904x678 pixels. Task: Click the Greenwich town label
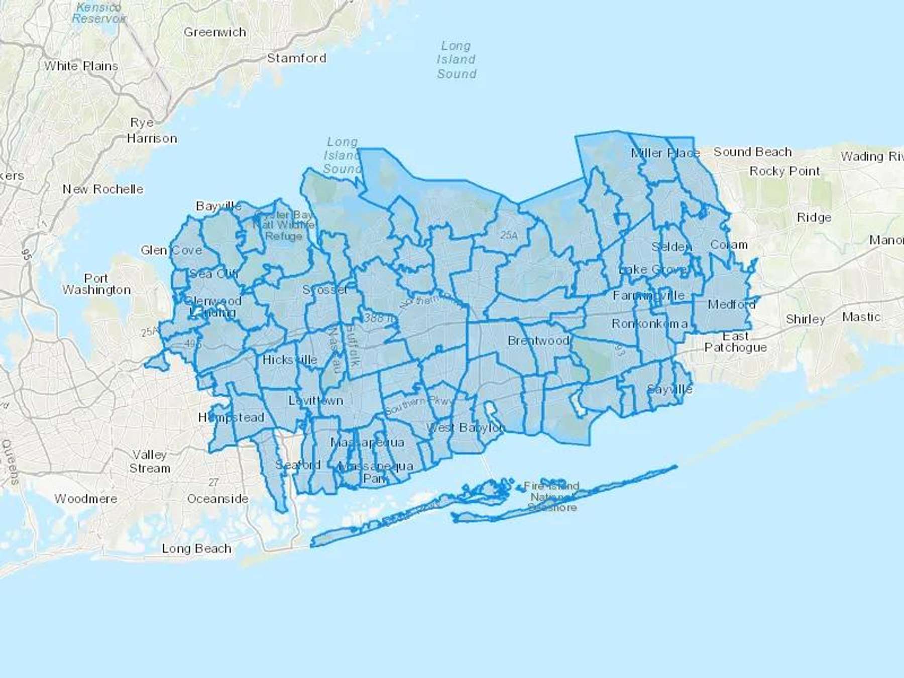point(215,32)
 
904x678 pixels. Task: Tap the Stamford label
point(296,58)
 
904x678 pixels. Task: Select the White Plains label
point(81,66)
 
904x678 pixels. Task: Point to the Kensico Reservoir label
point(98,13)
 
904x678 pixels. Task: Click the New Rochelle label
point(103,189)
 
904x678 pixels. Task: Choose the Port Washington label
point(96,284)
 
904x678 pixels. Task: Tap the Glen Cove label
point(171,250)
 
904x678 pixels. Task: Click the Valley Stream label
point(150,462)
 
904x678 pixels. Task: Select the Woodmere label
point(86,499)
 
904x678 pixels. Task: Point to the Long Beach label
point(196,548)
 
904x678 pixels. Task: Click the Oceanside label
point(217,499)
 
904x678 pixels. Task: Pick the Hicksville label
point(290,360)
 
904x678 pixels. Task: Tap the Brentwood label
point(538,341)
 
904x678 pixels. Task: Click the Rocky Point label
point(784,171)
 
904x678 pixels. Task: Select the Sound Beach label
point(752,152)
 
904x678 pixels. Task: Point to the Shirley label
point(805,319)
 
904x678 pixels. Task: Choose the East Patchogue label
point(736,342)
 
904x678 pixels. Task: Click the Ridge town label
point(814,217)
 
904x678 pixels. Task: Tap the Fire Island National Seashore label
point(551,496)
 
